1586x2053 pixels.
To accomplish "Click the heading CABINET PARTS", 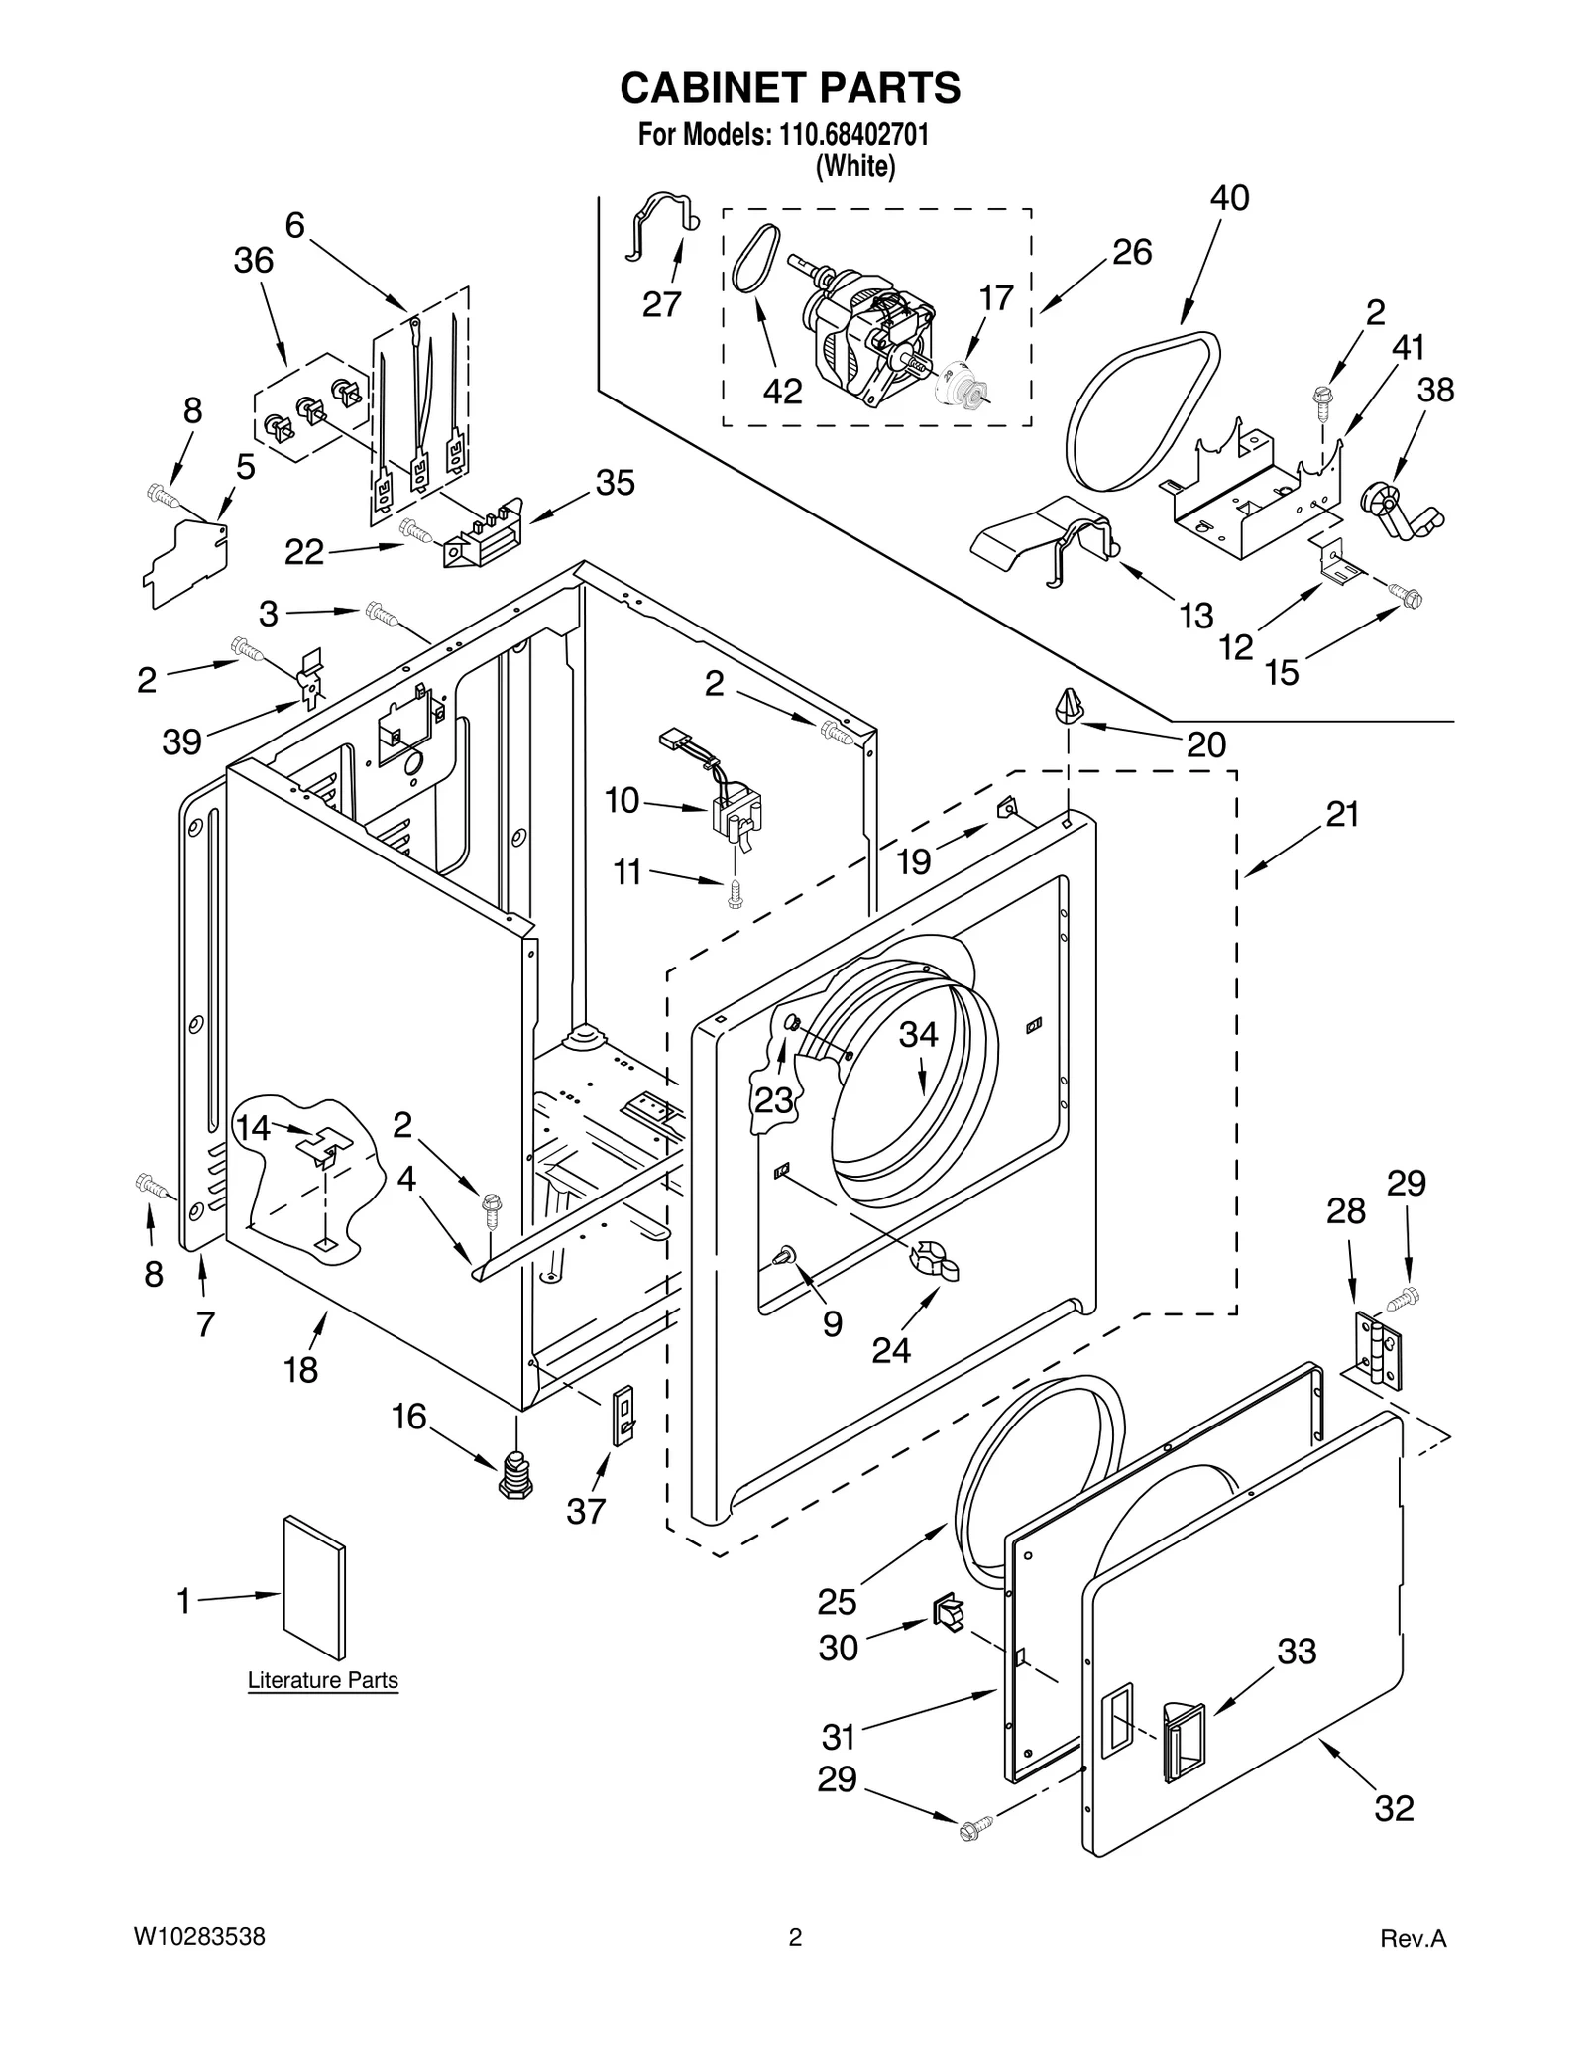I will point(790,88).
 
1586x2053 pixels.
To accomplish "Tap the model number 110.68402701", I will point(854,134).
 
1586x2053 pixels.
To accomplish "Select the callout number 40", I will point(1229,198).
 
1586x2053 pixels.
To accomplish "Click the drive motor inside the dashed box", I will point(862,337).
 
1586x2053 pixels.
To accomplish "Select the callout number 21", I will point(1342,815).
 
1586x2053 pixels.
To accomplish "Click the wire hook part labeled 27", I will point(659,223).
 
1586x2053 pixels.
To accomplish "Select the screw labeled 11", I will point(735,894).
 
